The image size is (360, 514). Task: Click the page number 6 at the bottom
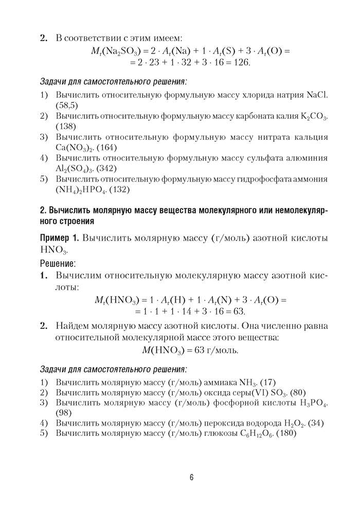click(x=191, y=478)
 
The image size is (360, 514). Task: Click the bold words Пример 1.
click(x=60, y=238)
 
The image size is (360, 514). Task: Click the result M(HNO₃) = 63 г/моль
click(x=190, y=351)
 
